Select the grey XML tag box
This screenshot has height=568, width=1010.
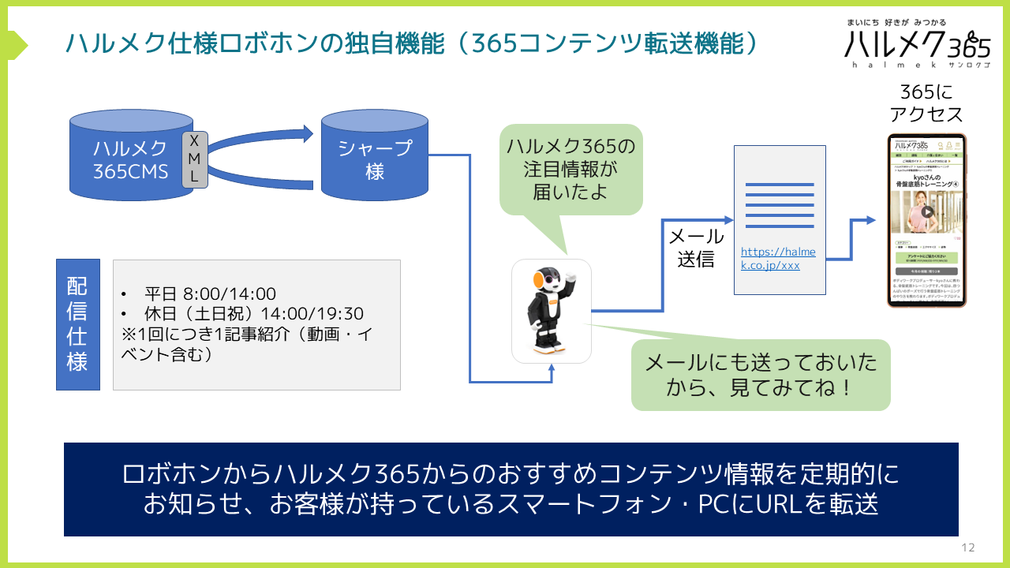194,159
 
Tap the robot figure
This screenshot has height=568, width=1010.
551,311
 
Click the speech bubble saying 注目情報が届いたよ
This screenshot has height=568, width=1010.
570,169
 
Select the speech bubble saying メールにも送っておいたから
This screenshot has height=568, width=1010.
760,375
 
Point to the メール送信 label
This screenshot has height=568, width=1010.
696,248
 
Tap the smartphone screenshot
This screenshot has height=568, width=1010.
926,220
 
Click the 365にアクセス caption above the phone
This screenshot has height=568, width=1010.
926,103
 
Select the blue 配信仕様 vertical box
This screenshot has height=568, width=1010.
77,324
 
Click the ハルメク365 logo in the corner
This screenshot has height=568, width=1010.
916,43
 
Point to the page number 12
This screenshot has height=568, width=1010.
968,547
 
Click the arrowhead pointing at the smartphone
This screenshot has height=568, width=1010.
870,220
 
